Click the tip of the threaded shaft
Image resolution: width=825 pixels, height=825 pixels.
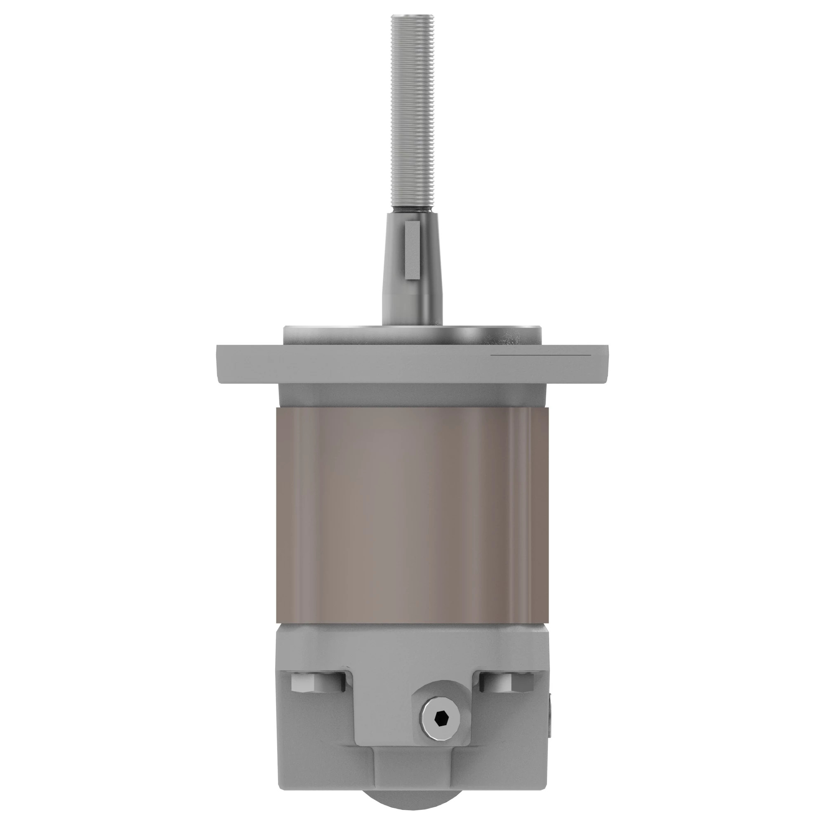(412, 17)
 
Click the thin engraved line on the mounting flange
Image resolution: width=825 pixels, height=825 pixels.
(541, 355)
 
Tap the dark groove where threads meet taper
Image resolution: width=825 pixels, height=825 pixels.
(412, 210)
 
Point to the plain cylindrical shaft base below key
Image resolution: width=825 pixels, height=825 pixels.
(412, 307)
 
